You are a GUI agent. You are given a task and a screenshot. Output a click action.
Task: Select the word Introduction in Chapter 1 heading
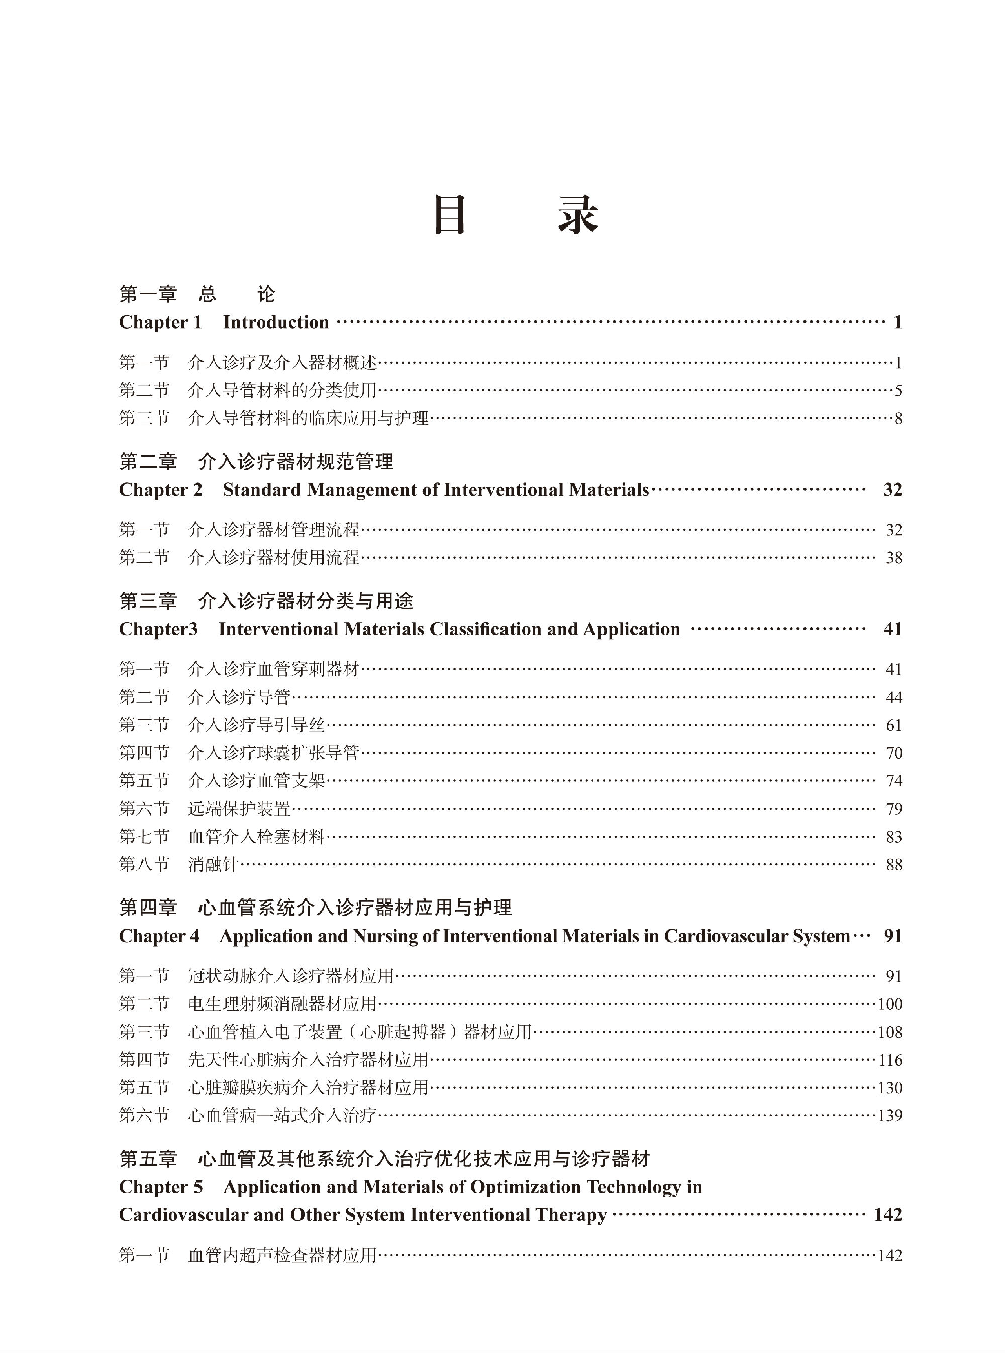[275, 322]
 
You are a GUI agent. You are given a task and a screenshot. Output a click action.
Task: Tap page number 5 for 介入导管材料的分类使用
[898, 390]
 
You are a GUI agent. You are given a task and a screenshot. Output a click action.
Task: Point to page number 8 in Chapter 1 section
[898, 418]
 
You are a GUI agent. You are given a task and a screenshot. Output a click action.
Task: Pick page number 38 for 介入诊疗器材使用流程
[893, 557]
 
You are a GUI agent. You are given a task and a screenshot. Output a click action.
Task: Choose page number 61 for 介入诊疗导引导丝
[893, 725]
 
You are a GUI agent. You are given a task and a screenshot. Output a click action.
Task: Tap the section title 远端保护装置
[239, 808]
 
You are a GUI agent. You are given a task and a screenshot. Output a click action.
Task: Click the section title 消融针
[213, 864]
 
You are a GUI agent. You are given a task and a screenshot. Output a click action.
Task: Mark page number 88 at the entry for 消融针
[893, 864]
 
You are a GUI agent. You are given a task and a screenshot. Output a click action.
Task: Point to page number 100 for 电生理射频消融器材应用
[889, 1003]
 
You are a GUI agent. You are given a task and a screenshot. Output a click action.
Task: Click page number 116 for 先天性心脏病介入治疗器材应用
[889, 1059]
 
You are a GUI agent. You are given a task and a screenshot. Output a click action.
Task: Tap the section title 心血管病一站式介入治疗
[282, 1115]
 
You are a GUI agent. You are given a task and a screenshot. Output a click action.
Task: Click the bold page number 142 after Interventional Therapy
[887, 1214]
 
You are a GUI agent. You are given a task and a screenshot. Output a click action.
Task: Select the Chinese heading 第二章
[148, 462]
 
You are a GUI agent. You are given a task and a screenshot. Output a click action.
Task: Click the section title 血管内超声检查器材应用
[282, 1255]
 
